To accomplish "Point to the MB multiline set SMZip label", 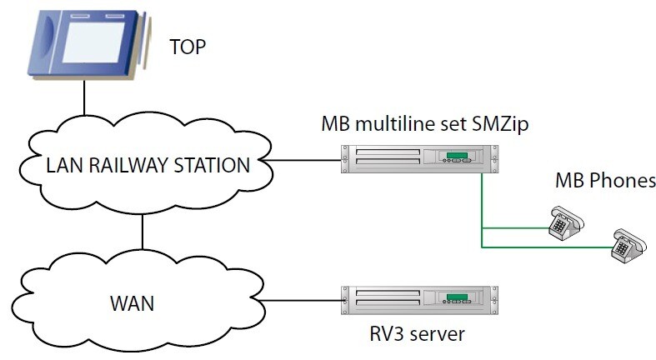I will click(x=425, y=125).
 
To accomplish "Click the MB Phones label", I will click(x=605, y=181).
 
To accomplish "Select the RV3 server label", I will click(x=418, y=335).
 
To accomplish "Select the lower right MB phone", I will click(x=627, y=245).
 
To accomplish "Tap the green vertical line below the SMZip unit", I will click(x=481, y=204).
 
